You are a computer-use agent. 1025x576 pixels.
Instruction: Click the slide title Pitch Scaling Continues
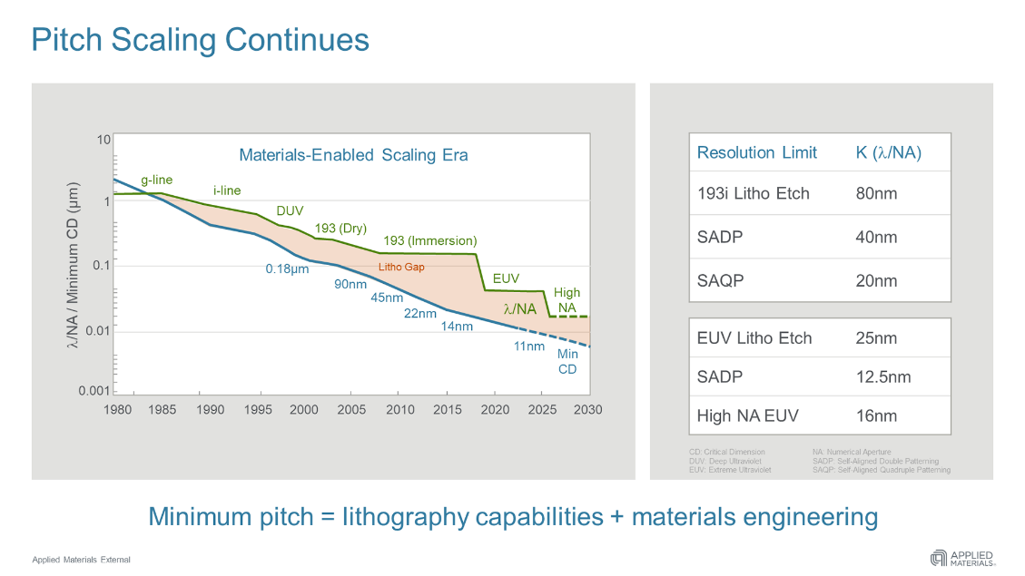(200, 40)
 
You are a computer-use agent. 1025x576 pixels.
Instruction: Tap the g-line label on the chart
(156, 180)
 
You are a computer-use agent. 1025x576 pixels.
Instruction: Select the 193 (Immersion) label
(429, 241)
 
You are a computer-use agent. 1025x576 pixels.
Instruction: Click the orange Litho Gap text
(401, 268)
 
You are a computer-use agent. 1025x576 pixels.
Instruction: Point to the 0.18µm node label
(287, 269)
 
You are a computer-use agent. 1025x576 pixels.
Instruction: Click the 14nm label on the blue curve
(457, 327)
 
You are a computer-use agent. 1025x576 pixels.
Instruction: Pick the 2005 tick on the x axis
(351, 410)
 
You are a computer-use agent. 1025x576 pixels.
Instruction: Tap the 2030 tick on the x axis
(587, 410)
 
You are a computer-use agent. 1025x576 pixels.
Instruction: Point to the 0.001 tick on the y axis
(94, 391)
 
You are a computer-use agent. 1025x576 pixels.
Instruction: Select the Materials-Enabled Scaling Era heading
(353, 155)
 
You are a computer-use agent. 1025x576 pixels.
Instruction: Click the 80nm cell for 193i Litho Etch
(876, 193)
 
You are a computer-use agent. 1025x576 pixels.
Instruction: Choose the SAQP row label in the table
(720, 280)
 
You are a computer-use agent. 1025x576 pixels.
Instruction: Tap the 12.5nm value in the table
(883, 376)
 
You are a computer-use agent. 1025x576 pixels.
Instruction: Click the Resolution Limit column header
(757, 152)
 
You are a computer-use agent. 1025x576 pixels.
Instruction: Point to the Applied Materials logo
(961, 558)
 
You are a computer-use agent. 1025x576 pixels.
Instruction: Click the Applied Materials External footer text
(82, 560)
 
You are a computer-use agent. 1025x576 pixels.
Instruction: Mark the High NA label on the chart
(567, 300)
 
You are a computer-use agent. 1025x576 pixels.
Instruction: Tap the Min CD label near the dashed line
(567, 361)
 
